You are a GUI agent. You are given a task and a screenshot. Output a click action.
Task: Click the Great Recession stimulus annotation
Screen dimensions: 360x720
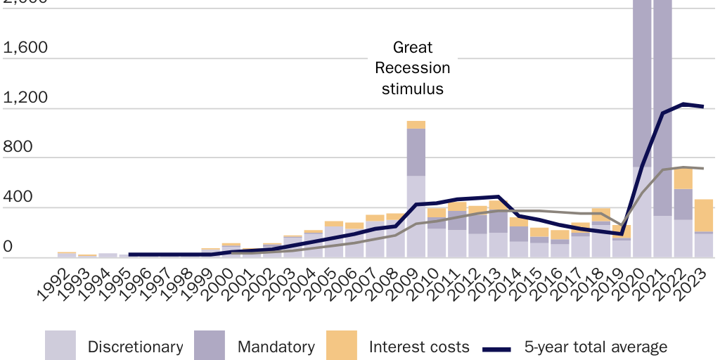tap(413, 68)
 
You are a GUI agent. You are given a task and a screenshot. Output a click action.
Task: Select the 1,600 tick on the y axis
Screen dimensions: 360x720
tap(25, 49)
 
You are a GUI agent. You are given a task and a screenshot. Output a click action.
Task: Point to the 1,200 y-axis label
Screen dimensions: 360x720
tap(25, 98)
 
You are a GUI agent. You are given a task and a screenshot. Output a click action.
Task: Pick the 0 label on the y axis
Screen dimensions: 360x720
tap(8, 247)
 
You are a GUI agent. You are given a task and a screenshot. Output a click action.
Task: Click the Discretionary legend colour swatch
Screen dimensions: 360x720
tap(60, 346)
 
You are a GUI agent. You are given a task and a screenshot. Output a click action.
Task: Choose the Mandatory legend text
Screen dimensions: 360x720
tap(276, 347)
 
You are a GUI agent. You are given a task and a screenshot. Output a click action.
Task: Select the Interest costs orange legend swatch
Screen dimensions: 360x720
tap(342, 346)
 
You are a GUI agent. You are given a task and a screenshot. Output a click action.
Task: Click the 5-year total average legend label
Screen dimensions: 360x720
tap(596, 347)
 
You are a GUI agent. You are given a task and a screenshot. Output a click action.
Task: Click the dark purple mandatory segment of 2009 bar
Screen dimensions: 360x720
tap(416, 152)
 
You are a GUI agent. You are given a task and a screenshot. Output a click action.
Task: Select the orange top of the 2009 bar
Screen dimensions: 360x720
tap(416, 124)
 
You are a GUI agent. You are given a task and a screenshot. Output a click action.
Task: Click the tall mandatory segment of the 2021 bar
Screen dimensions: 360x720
tap(662, 105)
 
